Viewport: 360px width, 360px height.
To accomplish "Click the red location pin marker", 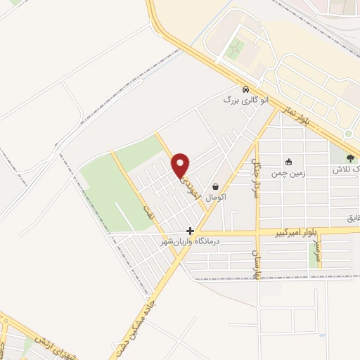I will pyautogui.click(x=181, y=164).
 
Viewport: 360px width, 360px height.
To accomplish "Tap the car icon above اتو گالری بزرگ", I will pyautogui.click(x=245, y=90).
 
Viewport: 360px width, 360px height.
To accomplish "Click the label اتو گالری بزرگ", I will pyautogui.click(x=246, y=101).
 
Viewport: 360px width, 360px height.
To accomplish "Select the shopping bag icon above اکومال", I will pyautogui.click(x=214, y=187).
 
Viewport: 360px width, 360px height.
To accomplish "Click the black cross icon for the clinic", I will pyautogui.click(x=190, y=230).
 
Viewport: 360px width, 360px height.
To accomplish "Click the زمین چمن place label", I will pyautogui.click(x=288, y=171).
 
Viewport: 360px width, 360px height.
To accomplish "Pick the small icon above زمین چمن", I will pyautogui.click(x=288, y=160).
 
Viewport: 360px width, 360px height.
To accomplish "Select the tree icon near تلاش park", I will pyautogui.click(x=352, y=159).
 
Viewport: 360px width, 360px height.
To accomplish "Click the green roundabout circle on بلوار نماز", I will pyautogui.click(x=347, y=134).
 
